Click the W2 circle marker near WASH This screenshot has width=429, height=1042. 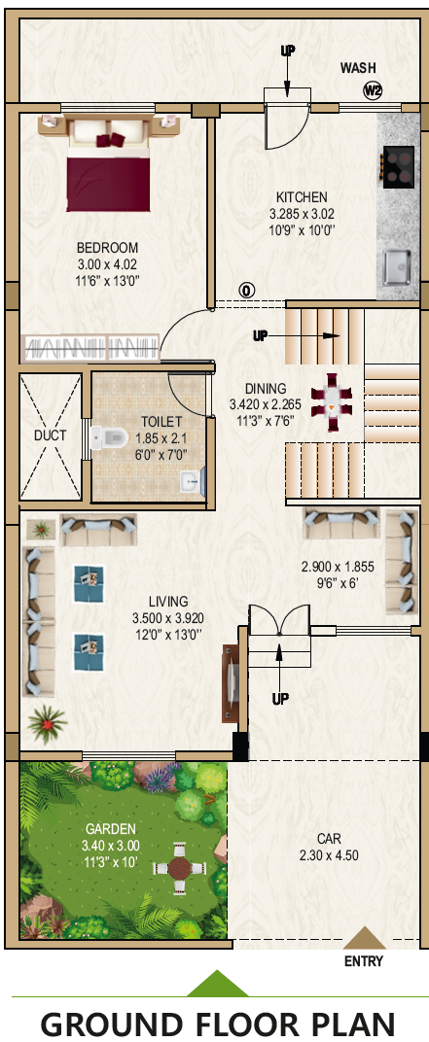(x=373, y=91)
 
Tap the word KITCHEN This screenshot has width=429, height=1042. (x=302, y=197)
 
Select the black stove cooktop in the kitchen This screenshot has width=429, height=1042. (x=399, y=167)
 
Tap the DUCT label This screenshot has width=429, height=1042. (x=51, y=435)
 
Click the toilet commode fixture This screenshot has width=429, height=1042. (x=110, y=436)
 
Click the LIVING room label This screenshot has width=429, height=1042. (x=167, y=602)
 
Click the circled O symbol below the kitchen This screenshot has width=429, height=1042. (x=247, y=291)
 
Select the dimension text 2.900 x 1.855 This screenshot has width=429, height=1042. (x=338, y=568)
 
